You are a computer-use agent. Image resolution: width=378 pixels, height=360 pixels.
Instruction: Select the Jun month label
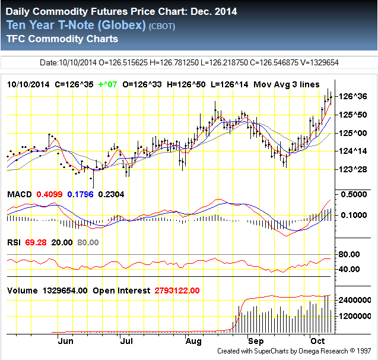click(x=66, y=342)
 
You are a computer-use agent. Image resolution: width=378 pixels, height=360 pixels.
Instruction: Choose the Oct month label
click(x=319, y=342)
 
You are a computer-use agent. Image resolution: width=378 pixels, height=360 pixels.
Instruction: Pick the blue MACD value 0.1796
click(x=80, y=194)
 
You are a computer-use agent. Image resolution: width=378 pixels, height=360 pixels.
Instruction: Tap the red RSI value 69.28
click(x=36, y=242)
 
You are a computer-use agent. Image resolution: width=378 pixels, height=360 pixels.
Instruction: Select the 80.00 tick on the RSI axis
click(x=350, y=254)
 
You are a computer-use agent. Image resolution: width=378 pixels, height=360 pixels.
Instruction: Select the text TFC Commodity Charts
click(x=62, y=39)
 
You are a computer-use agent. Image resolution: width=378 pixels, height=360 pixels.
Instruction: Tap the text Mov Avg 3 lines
click(x=286, y=84)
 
